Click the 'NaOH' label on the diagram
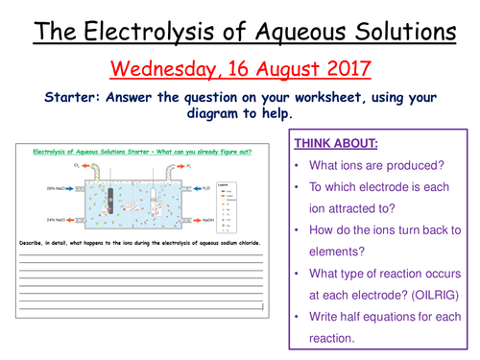coord(209,222)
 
